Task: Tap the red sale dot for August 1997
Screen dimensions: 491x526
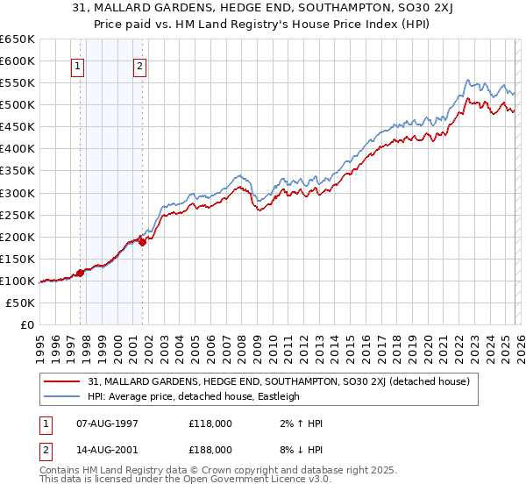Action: (x=80, y=273)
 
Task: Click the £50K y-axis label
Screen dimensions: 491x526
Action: (x=21, y=302)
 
